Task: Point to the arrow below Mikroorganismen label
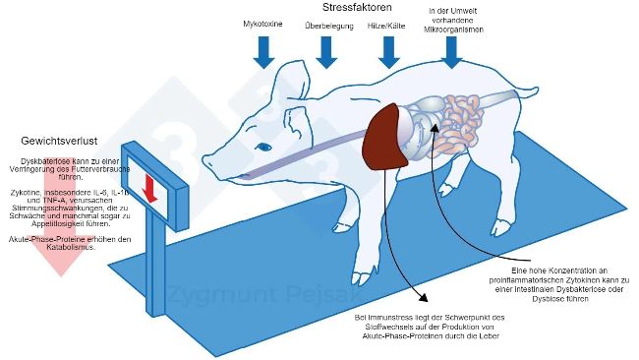[451, 51]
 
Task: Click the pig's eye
[262, 146]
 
